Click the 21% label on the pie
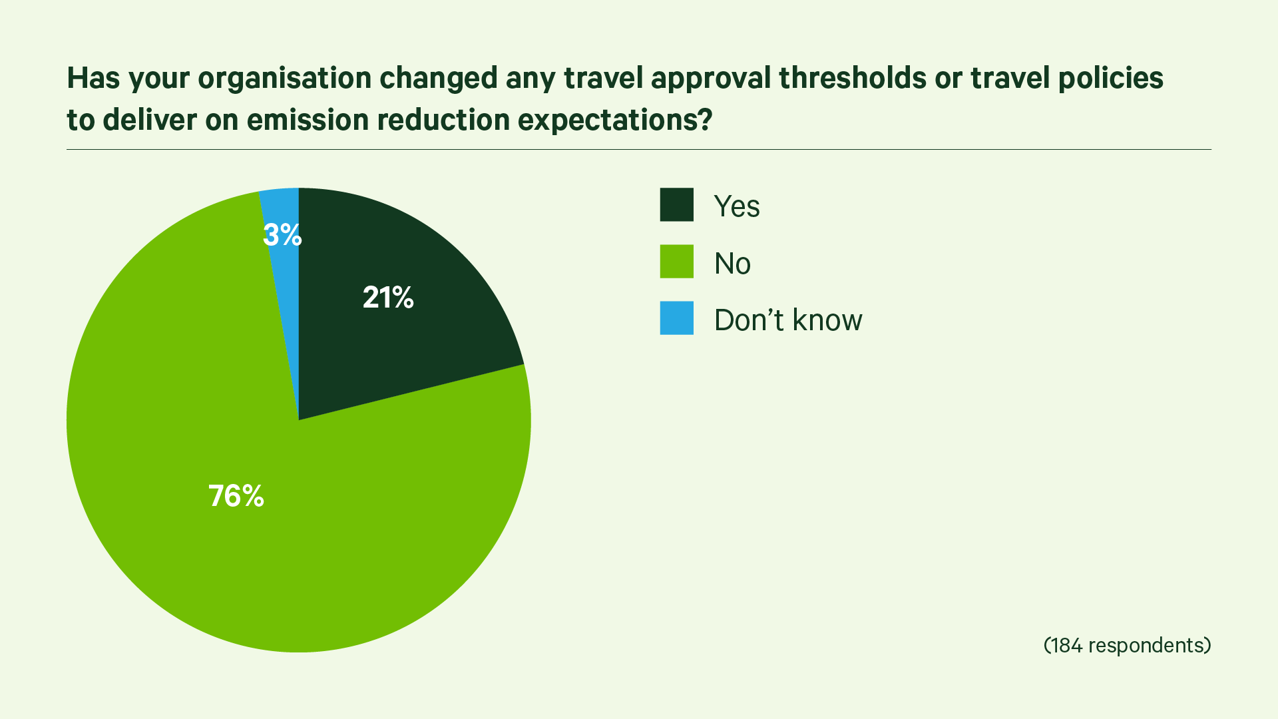pyautogui.click(x=388, y=298)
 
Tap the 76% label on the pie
pyautogui.click(x=236, y=496)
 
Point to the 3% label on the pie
pyautogui.click(x=282, y=235)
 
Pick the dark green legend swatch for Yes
pyautogui.click(x=676, y=204)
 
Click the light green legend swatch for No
pyautogui.click(x=676, y=261)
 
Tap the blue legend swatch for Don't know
pyautogui.click(x=676, y=318)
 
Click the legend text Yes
pyautogui.click(x=737, y=206)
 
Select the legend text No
pyautogui.click(x=732, y=264)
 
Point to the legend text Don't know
pyautogui.click(x=788, y=320)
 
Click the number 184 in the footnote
pyautogui.click(x=1066, y=645)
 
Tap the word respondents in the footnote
pyautogui.click(x=1146, y=646)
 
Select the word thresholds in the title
pyautogui.click(x=853, y=77)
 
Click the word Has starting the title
pyautogui.click(x=94, y=77)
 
